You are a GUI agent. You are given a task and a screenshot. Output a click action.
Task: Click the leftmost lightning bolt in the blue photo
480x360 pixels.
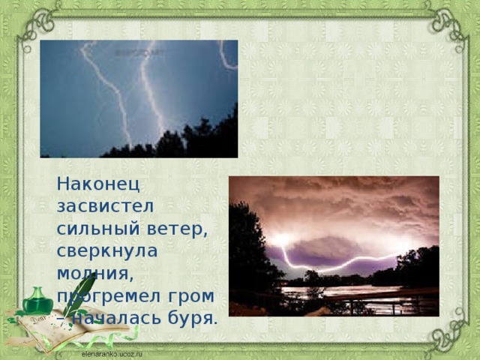(x=105, y=90)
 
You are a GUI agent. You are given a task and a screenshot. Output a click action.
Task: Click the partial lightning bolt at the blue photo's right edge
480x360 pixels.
(x=226, y=56)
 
